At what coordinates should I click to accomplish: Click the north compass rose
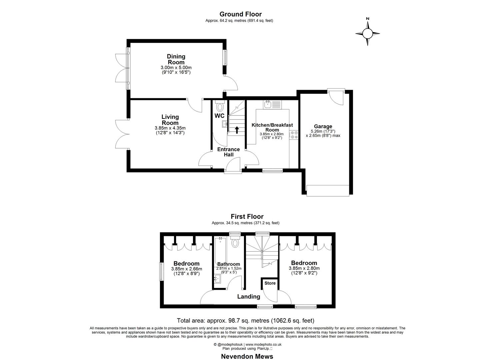pos(367,33)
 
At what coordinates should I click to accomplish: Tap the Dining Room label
pos(176,59)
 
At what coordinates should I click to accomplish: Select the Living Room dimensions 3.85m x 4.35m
pos(170,128)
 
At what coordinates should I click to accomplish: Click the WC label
pos(219,116)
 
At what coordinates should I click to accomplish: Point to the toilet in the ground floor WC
pos(220,107)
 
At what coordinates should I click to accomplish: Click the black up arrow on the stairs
pos(237,130)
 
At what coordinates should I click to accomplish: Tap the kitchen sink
pos(268,105)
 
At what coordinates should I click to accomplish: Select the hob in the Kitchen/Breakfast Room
pos(294,135)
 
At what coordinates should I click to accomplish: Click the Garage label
pos(323,126)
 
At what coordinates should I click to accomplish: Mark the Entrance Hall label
pos(228,152)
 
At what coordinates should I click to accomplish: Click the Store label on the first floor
pos(270,283)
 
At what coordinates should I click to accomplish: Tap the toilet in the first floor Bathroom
pos(235,242)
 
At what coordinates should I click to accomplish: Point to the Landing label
pos(248,296)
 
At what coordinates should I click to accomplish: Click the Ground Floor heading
pos(240,14)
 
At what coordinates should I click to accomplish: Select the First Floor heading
pos(247,217)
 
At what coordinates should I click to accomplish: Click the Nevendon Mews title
pos(247,356)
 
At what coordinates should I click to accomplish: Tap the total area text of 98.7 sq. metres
pos(245,321)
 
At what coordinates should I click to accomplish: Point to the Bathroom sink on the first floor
pos(218,279)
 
